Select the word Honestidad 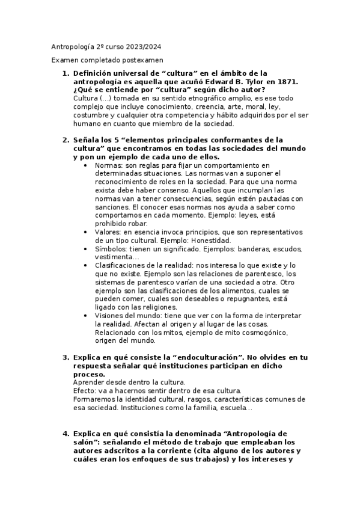196,240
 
